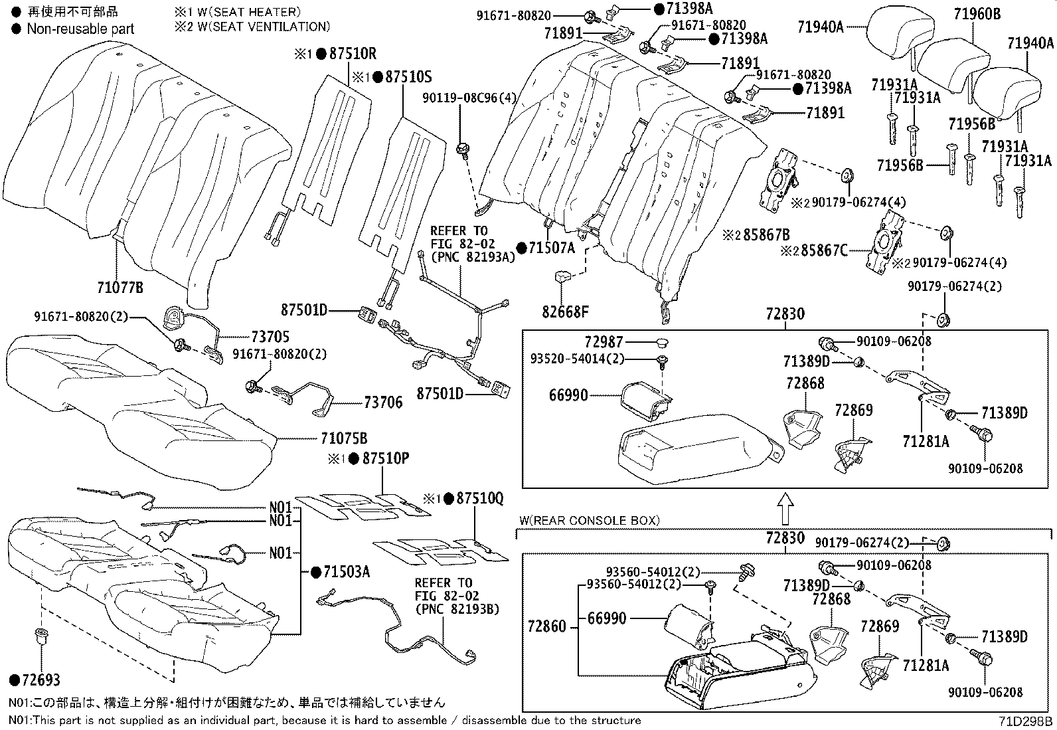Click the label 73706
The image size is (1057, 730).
[x=382, y=403]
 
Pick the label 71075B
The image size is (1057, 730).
[x=343, y=439]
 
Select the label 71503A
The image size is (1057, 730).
[x=346, y=571]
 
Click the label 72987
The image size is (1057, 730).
[x=604, y=342]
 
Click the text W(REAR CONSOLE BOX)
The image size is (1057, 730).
[x=588, y=521]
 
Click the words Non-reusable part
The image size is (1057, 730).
[x=80, y=29]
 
